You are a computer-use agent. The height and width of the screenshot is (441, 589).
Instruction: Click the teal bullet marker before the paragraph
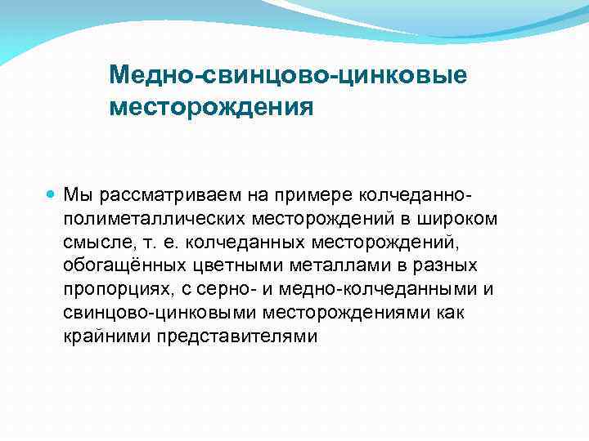click(x=52, y=196)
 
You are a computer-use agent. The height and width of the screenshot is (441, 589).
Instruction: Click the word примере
click(x=276, y=196)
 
